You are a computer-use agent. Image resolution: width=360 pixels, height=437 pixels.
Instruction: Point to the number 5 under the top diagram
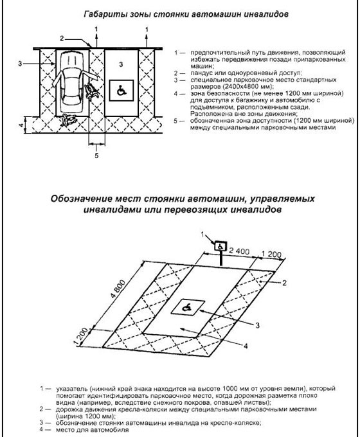(x=96, y=155)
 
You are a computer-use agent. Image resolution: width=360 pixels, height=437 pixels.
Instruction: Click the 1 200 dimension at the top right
(x=271, y=256)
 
